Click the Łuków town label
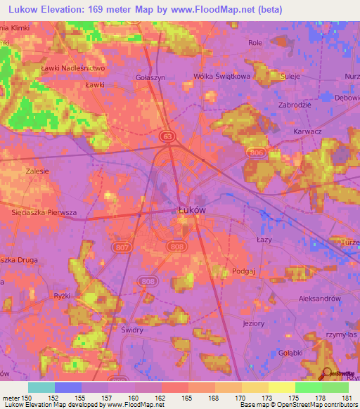point(191,209)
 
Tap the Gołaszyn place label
point(150,78)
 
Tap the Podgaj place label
point(243,271)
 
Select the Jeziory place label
point(253,323)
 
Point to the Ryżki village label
point(61,296)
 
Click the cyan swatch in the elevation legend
point(41,387)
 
